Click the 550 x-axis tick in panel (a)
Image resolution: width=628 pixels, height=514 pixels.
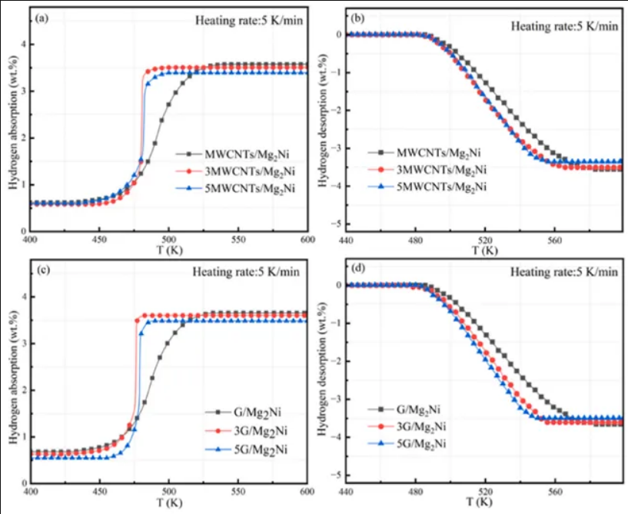click(238, 240)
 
